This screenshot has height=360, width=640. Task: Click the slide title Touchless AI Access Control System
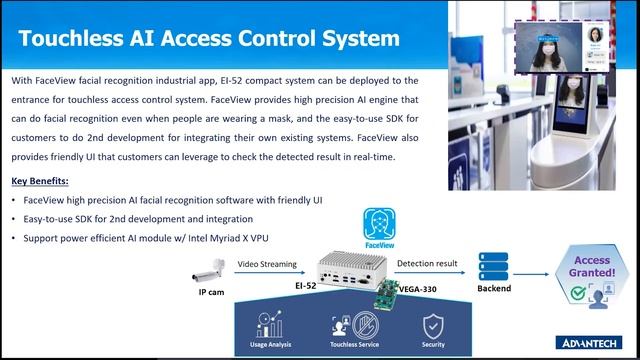pos(209,39)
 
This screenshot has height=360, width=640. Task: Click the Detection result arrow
pos(427,275)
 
